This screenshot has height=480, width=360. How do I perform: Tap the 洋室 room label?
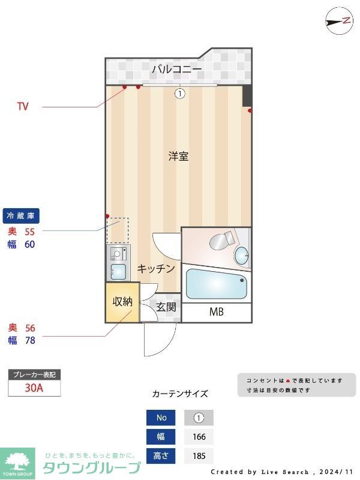click(178, 157)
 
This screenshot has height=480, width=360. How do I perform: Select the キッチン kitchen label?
click(156, 269)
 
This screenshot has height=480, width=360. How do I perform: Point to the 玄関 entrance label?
click(166, 308)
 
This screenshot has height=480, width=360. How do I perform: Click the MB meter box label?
click(216, 312)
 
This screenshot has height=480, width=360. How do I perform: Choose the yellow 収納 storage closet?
click(122, 301)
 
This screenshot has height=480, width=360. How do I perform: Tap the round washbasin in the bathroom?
click(242, 256)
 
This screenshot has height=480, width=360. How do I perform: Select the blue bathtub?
click(217, 284)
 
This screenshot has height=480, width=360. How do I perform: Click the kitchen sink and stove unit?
click(118, 263)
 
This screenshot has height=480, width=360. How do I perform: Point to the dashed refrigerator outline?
click(118, 230)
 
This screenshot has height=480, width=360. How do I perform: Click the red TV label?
click(23, 107)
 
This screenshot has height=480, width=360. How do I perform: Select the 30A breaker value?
click(34, 388)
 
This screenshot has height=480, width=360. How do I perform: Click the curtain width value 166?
click(198, 437)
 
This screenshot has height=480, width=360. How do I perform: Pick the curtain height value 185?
click(198, 456)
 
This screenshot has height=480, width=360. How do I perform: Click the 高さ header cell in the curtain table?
click(161, 456)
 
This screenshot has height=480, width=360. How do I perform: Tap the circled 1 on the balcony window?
click(179, 93)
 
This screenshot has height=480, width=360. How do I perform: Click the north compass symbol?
click(339, 21)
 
